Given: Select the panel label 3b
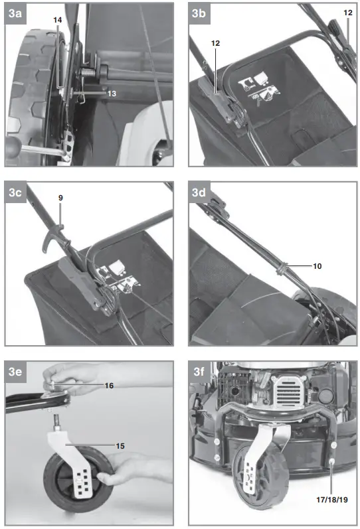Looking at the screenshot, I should click(199, 13).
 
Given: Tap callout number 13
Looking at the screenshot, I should click(111, 94).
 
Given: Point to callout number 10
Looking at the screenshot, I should click(317, 265).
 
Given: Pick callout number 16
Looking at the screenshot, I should click(108, 386).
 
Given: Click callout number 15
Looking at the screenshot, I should click(120, 445).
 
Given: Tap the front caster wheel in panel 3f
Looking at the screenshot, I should click(260, 469).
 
